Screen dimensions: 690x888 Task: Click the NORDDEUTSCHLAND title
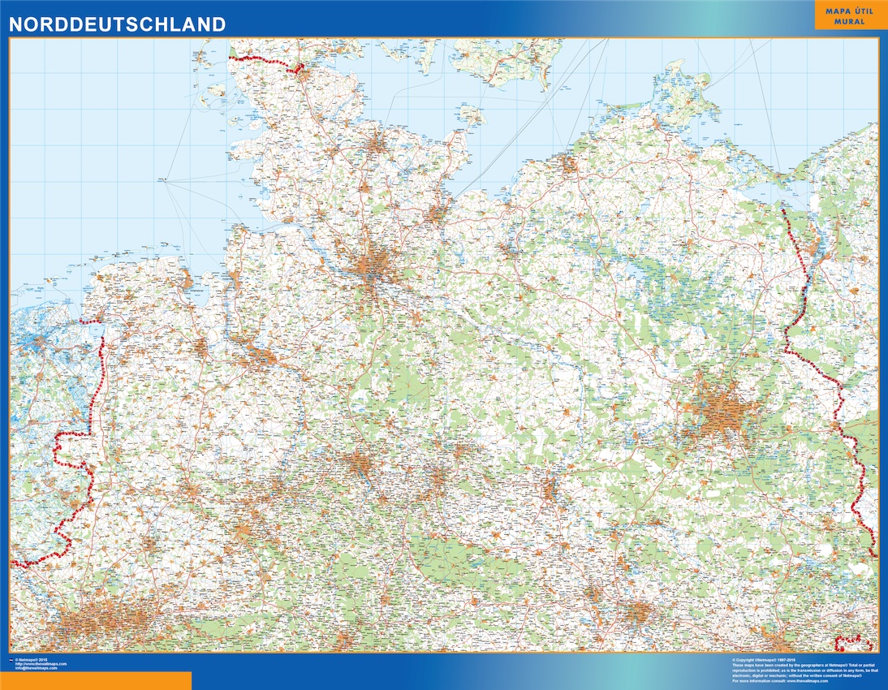tap(118, 24)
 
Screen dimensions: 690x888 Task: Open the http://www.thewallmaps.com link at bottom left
tap(41, 664)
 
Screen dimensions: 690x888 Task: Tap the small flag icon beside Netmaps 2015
tap(11, 660)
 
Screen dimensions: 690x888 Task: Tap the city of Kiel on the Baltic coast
tap(378, 146)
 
